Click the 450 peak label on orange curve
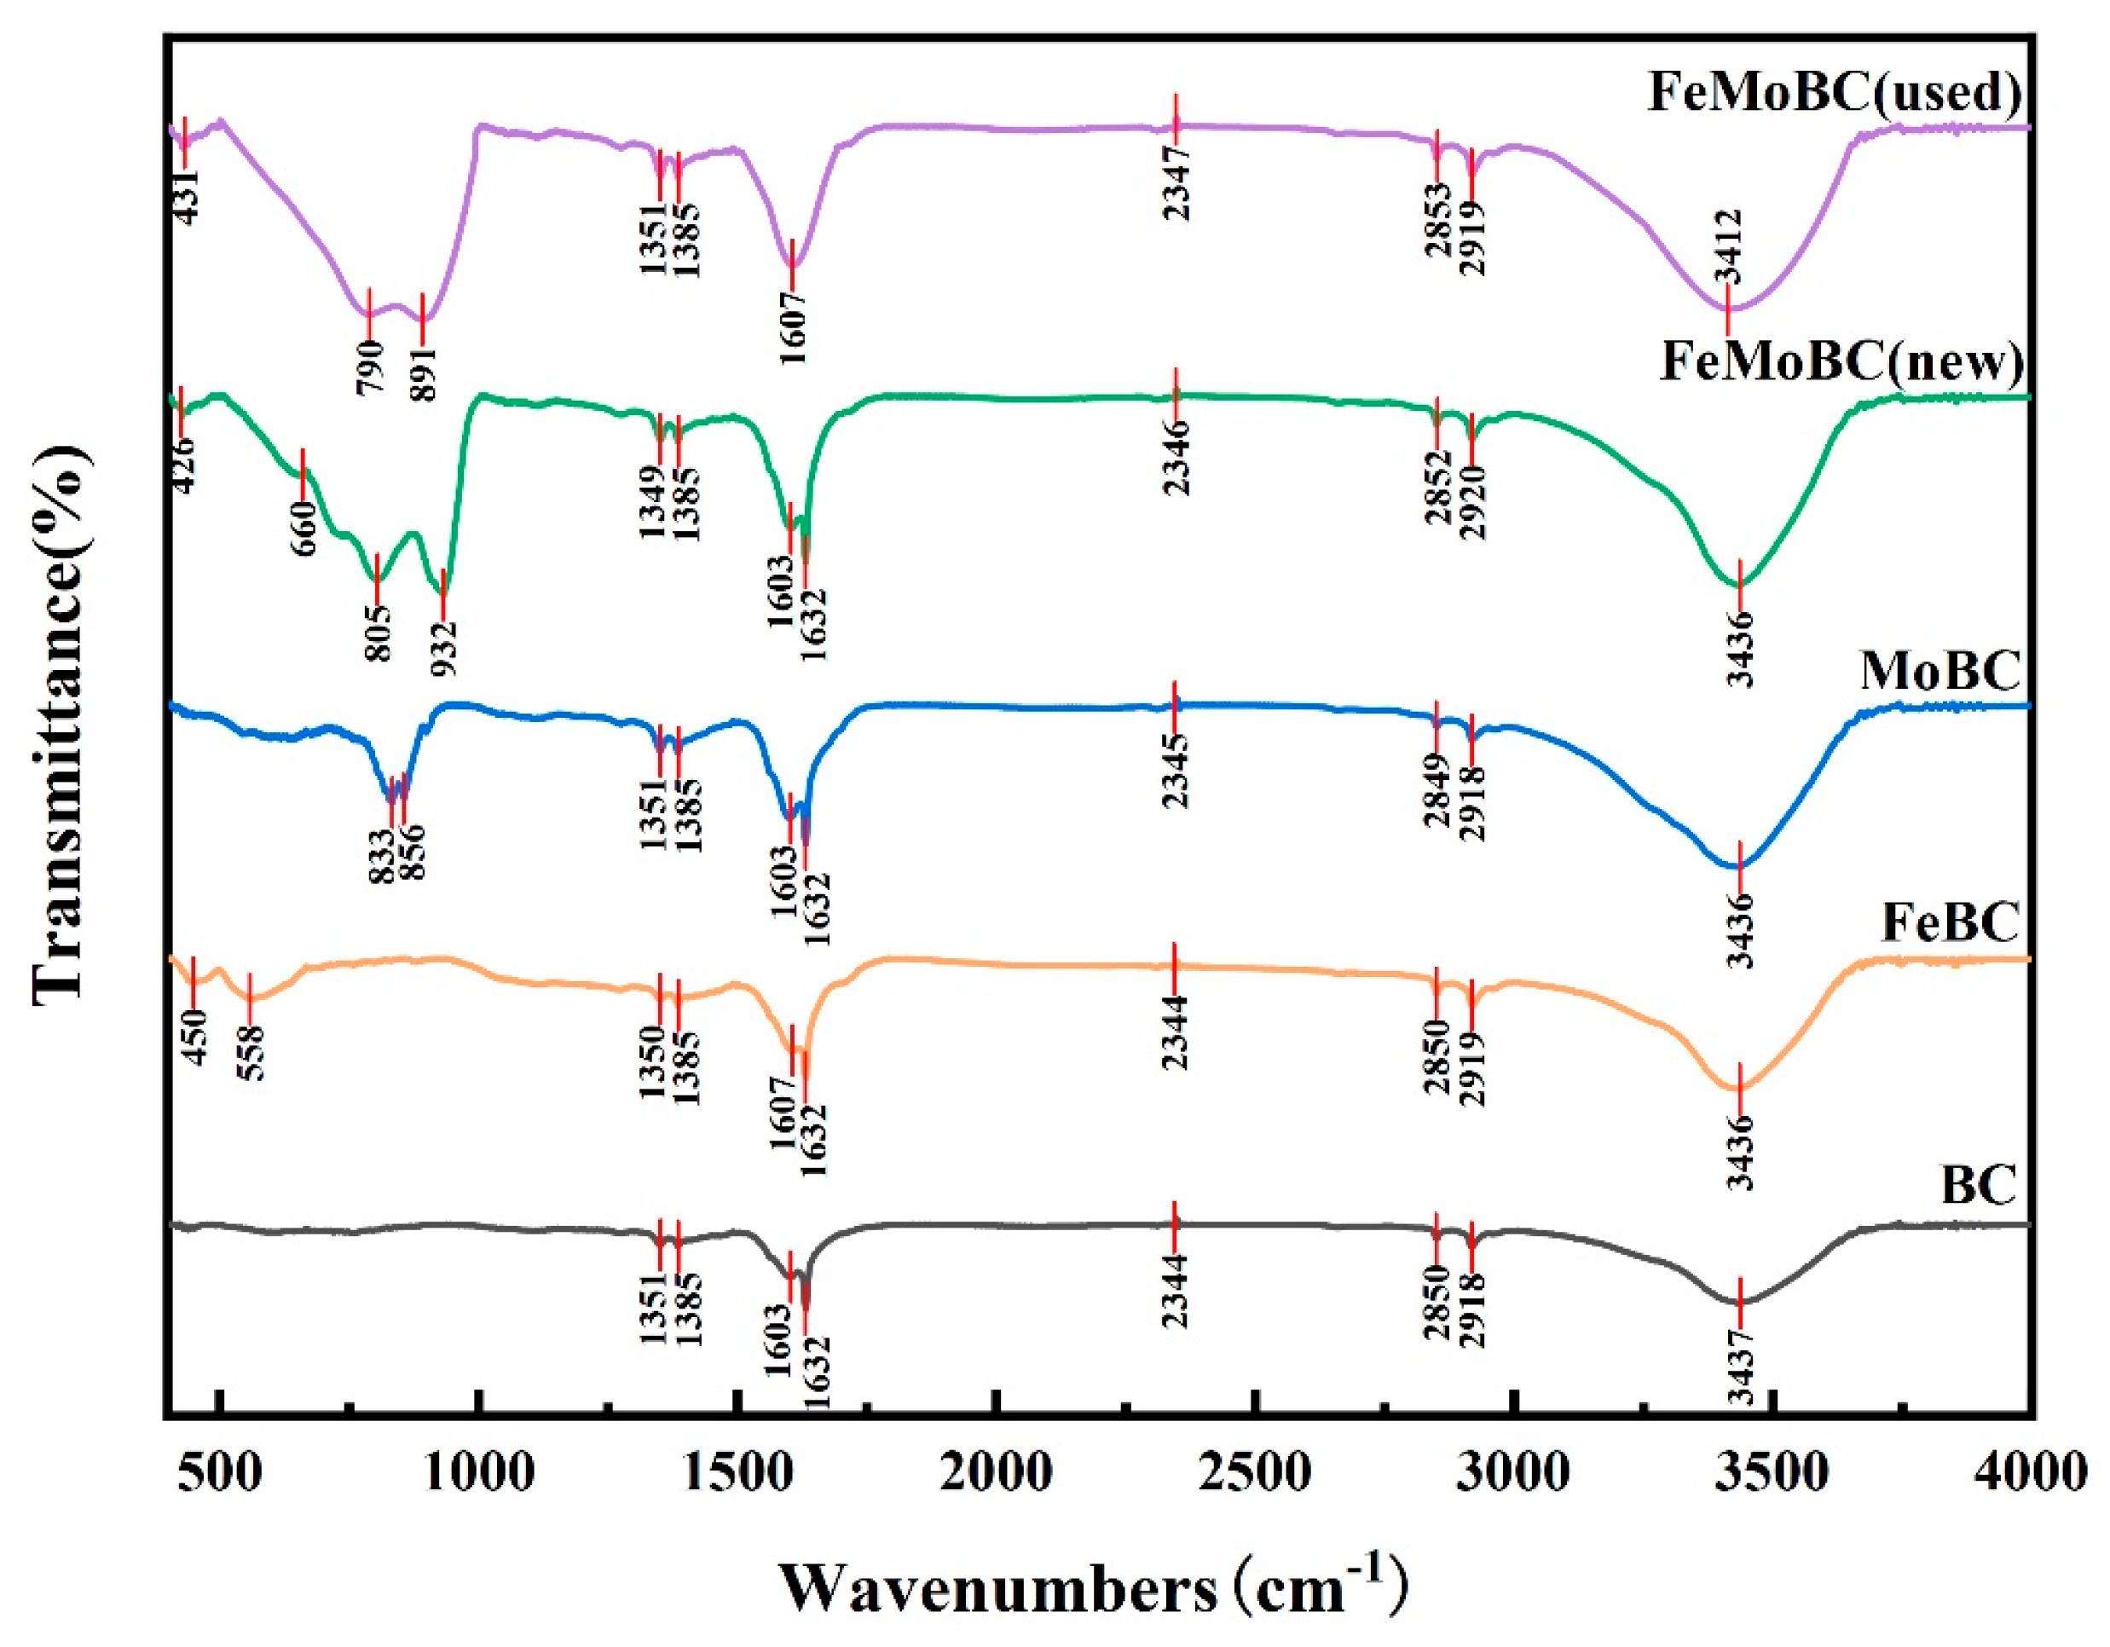coord(195,1037)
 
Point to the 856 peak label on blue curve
coord(413,851)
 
